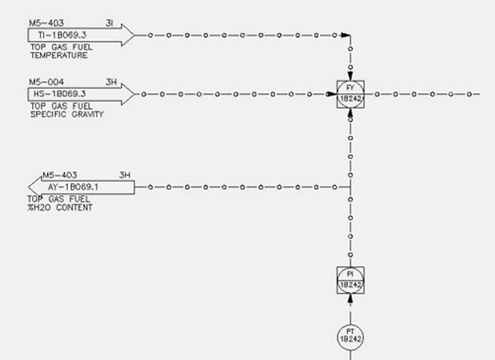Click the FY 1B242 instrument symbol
pos(351,93)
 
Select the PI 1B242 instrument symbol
pos(351,279)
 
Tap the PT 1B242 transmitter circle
pos(351,335)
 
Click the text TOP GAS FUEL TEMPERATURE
pos(57,51)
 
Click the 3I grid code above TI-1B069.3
pos(110,23)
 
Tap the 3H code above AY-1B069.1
pos(125,174)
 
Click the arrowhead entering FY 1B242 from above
pos(351,76)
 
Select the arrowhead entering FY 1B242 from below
pos(351,110)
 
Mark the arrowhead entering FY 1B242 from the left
pos(333,93)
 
